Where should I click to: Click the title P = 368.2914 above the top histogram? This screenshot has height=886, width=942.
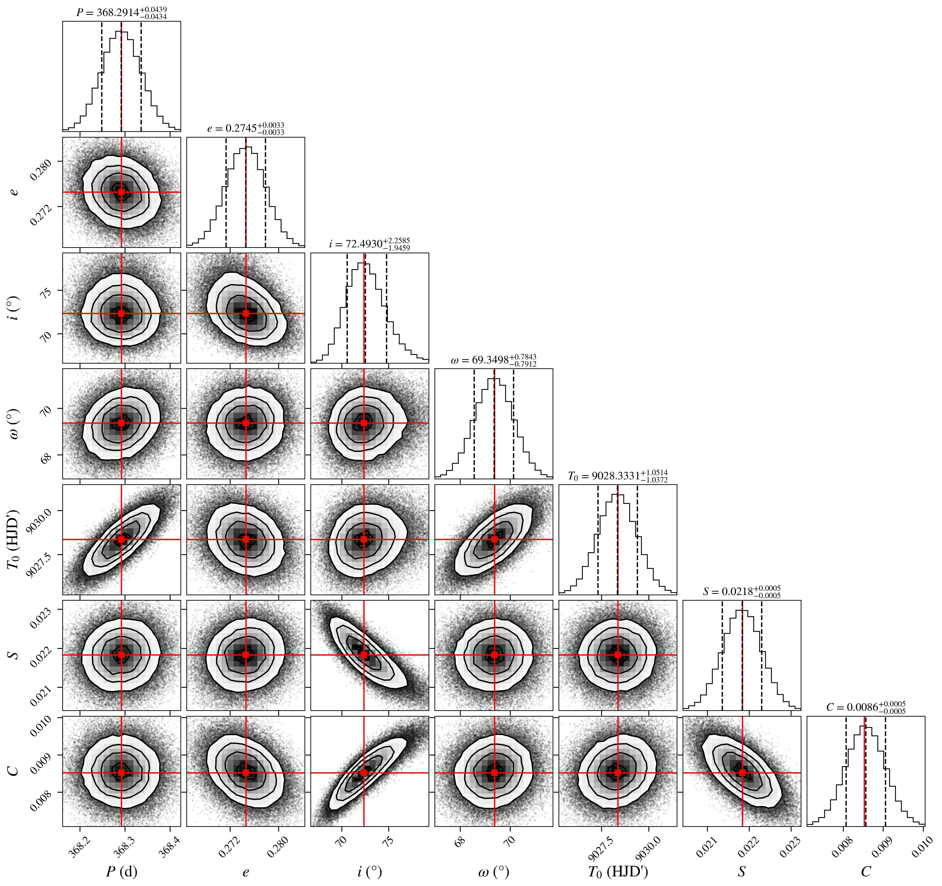pos(122,13)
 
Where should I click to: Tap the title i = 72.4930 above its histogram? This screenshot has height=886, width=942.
pos(370,244)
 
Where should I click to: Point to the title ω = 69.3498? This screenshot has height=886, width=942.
pos(494,360)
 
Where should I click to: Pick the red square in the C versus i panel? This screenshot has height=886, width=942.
pos(364,773)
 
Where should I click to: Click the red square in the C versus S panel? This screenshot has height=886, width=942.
pos(742,773)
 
